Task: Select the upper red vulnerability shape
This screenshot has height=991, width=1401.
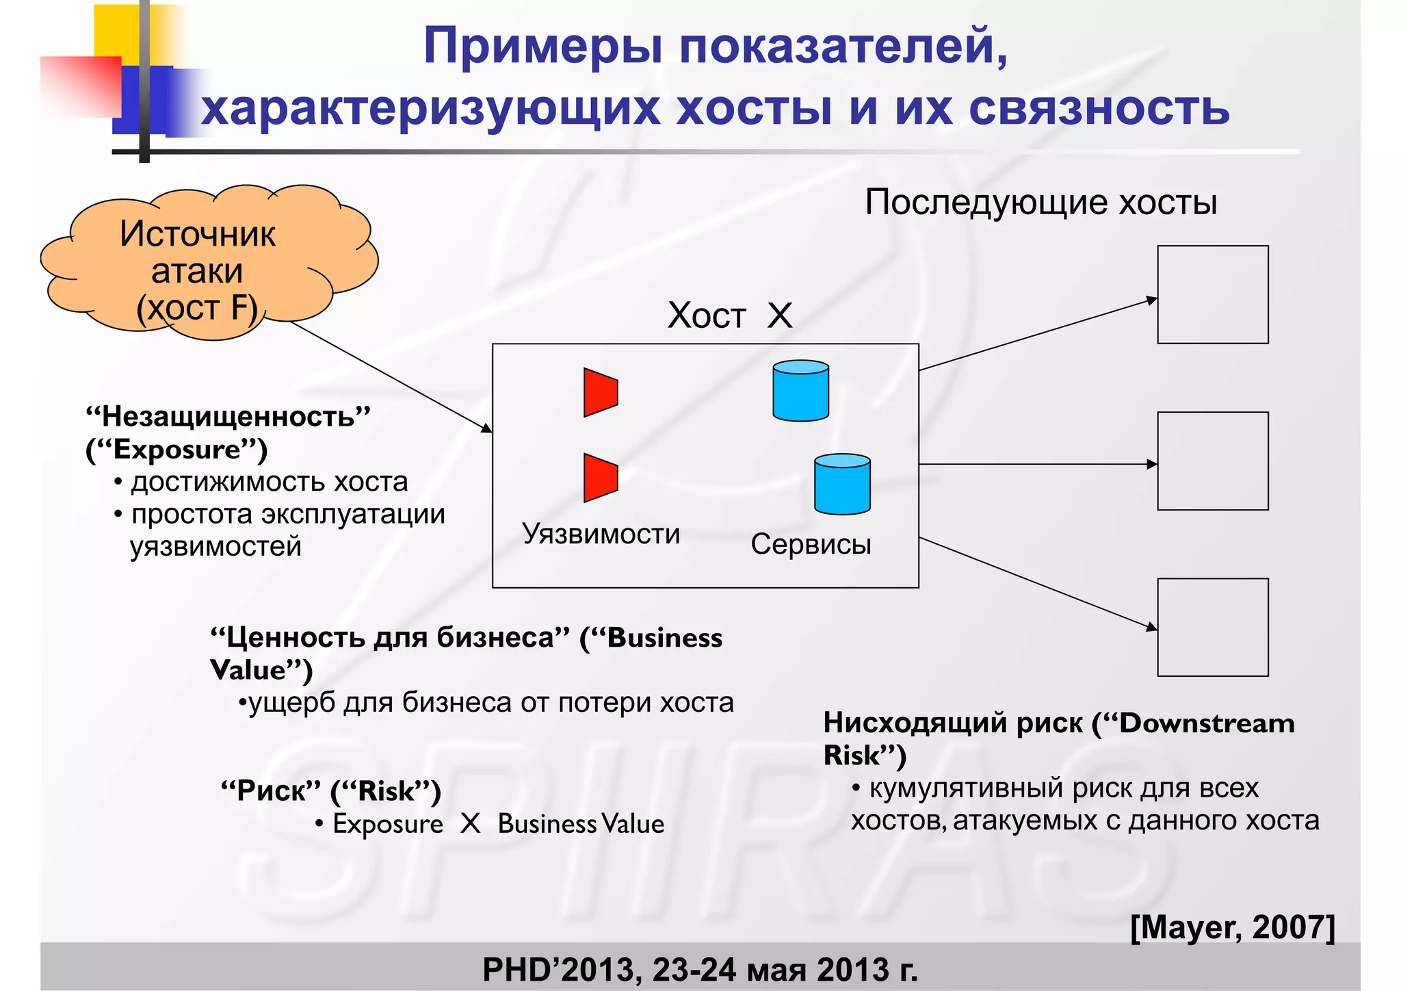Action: click(x=600, y=392)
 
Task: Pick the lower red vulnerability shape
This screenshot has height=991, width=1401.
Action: click(x=600, y=478)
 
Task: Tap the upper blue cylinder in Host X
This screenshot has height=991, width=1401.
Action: click(x=800, y=391)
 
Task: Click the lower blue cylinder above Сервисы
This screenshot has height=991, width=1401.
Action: click(x=842, y=484)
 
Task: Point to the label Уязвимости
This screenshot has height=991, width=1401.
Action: click(x=601, y=534)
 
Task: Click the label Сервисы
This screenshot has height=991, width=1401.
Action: click(x=811, y=544)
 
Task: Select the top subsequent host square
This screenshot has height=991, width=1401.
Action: click(x=1212, y=294)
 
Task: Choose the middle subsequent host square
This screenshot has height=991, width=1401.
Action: click(x=1212, y=461)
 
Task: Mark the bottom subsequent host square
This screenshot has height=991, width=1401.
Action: click(x=1212, y=627)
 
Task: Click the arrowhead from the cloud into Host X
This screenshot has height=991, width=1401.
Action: click(x=486, y=428)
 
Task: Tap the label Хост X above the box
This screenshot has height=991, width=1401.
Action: click(x=729, y=316)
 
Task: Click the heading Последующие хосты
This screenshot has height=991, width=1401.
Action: click(x=1040, y=203)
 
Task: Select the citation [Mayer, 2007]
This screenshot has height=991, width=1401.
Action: click(x=1232, y=927)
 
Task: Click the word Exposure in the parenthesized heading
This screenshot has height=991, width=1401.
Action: click(x=177, y=450)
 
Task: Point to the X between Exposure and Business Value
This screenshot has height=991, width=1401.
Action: click(x=470, y=823)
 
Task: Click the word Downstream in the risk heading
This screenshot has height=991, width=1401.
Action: click(x=1207, y=723)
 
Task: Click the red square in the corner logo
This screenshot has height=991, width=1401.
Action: click(x=81, y=86)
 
